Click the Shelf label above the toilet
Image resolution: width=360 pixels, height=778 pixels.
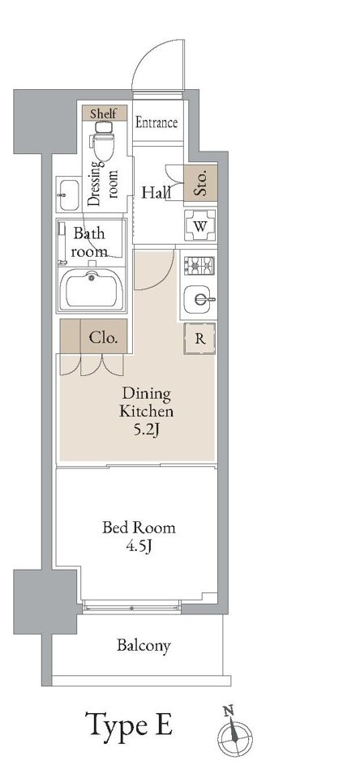(103, 113)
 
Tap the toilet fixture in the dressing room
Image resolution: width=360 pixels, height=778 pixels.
(103, 141)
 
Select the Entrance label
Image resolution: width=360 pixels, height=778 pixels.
(156, 122)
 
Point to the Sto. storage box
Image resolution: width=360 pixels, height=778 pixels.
(200, 182)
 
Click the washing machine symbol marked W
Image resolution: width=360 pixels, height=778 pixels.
(200, 226)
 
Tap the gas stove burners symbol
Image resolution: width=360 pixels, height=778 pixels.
(199, 266)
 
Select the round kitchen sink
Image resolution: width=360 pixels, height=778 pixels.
(199, 299)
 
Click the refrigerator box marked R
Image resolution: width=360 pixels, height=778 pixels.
(200, 339)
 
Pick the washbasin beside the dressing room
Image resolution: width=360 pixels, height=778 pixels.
(67, 194)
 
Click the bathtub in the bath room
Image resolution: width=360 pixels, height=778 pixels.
(92, 290)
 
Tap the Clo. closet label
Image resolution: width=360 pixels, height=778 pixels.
(103, 339)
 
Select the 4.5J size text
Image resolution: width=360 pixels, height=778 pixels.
(139, 546)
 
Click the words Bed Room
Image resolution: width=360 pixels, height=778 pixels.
(139, 527)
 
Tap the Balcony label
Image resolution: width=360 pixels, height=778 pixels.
(144, 646)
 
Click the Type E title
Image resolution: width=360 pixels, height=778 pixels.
(129, 725)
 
